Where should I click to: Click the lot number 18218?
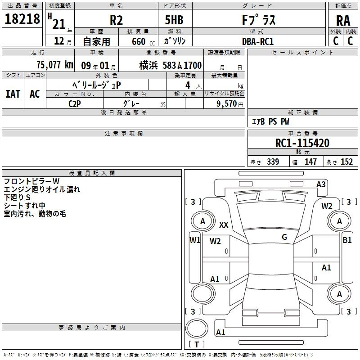pos(22,19)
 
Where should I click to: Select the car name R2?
pos(116,20)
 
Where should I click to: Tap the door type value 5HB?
pos(174,20)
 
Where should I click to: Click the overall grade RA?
pos(343,21)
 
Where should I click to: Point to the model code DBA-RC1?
pos(258,41)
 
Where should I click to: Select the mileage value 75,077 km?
pos(55,65)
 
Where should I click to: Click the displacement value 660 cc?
pos(143,42)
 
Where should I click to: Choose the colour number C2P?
pos(75,104)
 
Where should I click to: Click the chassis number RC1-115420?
pos(302,143)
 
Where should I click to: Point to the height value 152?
pos(346,162)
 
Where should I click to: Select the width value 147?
pos(310,162)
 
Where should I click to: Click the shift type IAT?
pos(13,94)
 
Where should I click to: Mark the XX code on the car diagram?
pos(224,225)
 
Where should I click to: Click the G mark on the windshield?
pos(284,237)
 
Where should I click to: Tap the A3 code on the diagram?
pos(321,184)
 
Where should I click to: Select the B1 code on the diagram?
pos(347,240)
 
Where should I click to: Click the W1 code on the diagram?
pos(195,240)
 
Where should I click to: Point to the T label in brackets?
pos(197,344)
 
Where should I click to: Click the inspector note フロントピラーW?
pos(31,181)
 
